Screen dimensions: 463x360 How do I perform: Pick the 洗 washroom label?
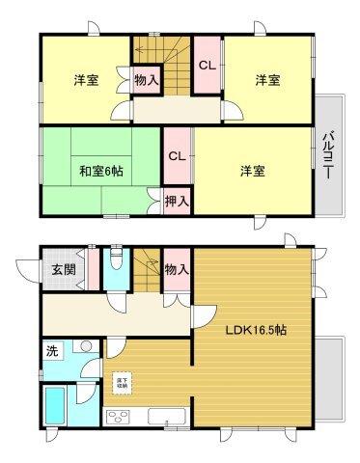tap(51, 351)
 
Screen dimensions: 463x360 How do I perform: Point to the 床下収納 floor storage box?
tap(123, 383)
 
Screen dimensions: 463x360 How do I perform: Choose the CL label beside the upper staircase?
tap(207, 66)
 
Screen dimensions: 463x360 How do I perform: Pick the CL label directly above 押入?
tap(176, 157)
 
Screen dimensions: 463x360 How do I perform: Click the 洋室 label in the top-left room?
tap(85, 80)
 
